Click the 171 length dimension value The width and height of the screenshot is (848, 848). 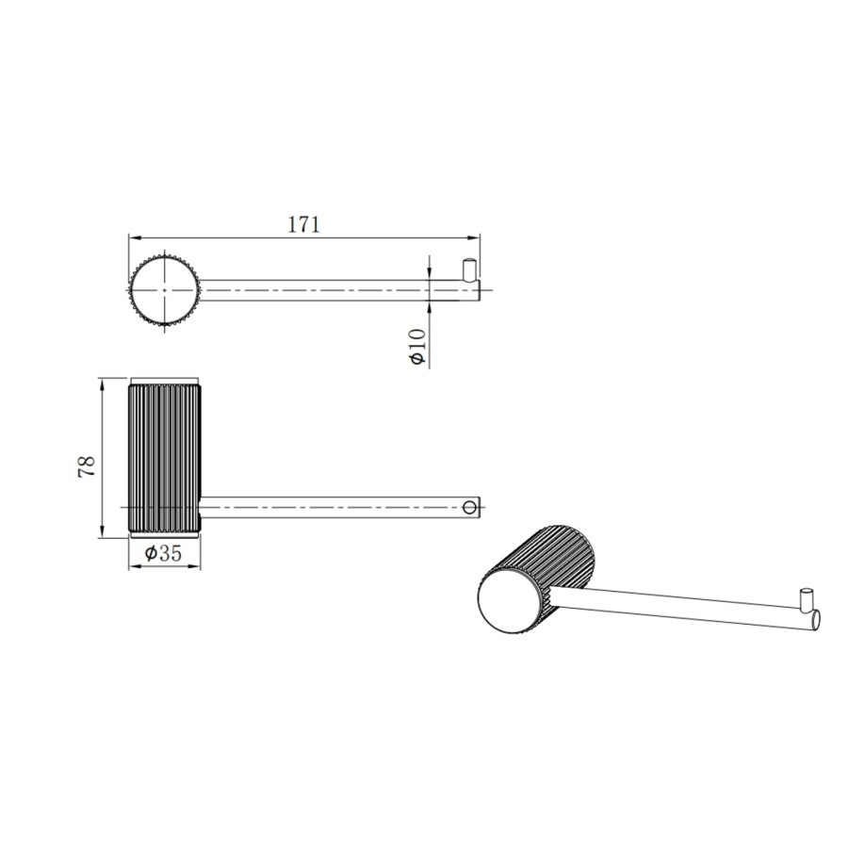(304, 224)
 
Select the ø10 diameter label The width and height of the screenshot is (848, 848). (418, 347)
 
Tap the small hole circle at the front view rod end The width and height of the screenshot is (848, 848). (469, 508)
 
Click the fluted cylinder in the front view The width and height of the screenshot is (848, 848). (164, 457)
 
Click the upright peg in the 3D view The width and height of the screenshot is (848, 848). (807, 599)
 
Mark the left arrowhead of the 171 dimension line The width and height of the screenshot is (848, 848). (133, 236)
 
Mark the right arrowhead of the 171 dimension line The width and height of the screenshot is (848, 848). (476, 236)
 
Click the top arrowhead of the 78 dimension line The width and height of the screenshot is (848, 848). (101, 382)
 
